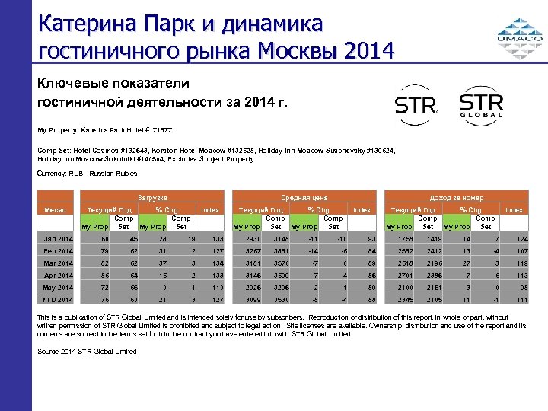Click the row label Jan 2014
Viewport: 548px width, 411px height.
(x=59, y=241)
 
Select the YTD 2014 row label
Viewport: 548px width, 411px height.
(x=59, y=299)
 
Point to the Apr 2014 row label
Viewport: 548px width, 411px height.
(x=59, y=276)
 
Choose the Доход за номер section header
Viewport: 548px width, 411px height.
(x=456, y=197)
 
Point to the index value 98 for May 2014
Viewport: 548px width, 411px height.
(x=521, y=288)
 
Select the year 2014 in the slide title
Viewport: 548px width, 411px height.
(x=369, y=52)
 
